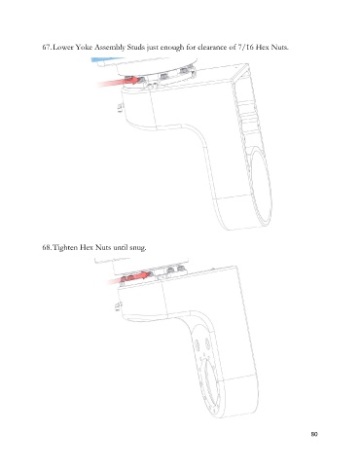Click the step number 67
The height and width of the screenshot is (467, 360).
coord(47,48)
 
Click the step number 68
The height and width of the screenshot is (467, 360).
coord(47,248)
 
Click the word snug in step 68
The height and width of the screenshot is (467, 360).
coord(138,248)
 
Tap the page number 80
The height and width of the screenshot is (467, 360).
coord(314,434)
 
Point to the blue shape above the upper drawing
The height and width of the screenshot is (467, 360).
coord(107,59)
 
